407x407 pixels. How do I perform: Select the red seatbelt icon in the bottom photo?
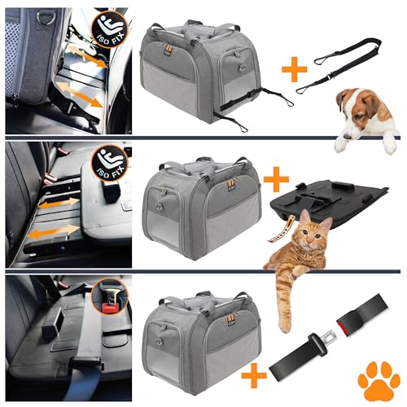[x=107, y=296]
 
